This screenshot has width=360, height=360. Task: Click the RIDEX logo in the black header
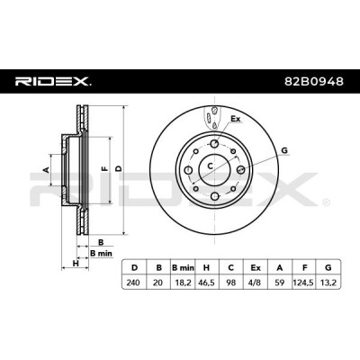(53, 81)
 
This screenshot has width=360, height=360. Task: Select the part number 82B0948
(314, 81)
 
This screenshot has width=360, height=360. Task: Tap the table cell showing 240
(133, 283)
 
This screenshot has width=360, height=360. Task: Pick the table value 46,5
(206, 283)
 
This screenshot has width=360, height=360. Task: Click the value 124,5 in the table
(303, 283)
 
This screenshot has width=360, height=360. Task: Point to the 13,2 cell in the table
(328, 283)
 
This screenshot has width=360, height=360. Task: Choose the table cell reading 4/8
(255, 283)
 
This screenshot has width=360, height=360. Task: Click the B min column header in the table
(183, 268)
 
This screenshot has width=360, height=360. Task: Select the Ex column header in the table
(256, 268)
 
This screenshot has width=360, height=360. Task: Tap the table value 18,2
(182, 283)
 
